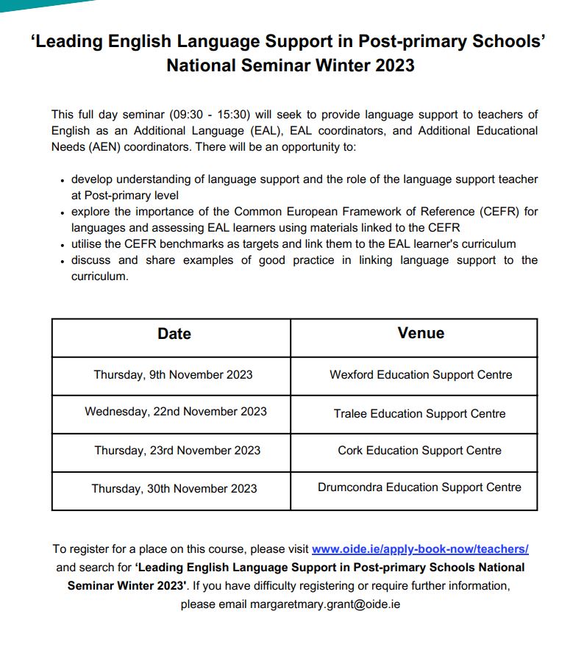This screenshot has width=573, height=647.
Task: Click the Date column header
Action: pos(174,334)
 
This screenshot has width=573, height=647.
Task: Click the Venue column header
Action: pos(421,333)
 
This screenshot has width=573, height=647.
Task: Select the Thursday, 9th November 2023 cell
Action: pos(173,375)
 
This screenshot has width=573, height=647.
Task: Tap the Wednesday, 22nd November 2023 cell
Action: pos(176,412)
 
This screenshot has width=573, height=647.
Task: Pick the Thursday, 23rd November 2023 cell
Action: pos(177,451)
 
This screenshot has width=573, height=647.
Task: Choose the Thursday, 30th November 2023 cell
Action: pos(174,489)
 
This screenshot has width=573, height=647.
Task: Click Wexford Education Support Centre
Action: pos(421,375)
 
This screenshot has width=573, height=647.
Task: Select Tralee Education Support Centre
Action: pos(419,414)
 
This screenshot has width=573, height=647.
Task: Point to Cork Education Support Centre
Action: pos(419,451)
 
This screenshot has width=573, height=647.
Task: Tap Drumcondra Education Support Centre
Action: pos(419,487)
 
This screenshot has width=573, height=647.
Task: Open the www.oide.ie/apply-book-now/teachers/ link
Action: pos(420,549)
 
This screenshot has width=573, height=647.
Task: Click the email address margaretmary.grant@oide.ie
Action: pos(325,605)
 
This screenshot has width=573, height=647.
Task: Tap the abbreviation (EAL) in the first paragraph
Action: pos(265,131)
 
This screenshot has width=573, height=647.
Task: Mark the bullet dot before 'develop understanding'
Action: pos(63,181)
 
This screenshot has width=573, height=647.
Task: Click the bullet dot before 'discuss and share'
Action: pos(63,262)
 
